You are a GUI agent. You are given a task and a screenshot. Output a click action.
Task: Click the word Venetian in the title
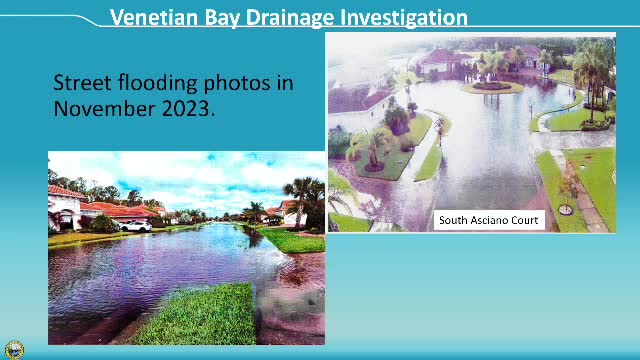[155, 17]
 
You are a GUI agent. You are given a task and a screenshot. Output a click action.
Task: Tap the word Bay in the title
[227, 17]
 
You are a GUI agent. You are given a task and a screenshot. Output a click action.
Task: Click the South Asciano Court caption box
[489, 220]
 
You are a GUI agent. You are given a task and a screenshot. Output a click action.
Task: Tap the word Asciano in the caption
[492, 220]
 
